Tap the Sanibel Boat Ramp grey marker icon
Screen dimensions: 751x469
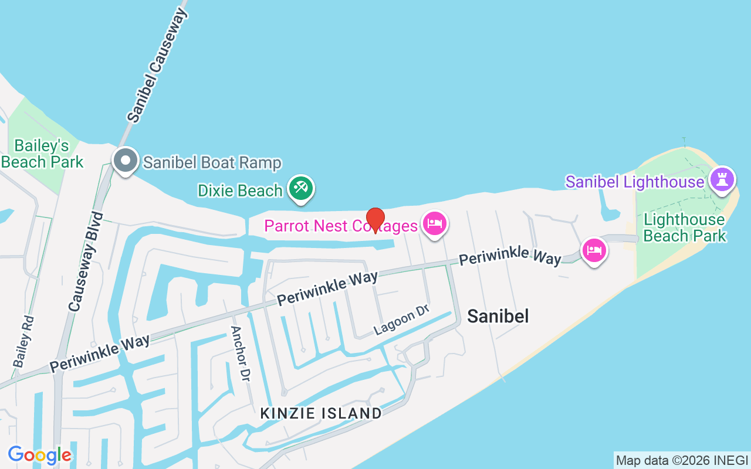125,160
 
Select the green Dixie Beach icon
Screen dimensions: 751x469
301,188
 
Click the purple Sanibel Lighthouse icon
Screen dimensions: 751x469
722,179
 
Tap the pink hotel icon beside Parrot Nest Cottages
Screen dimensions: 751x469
434,223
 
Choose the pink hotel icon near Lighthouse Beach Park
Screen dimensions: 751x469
594,250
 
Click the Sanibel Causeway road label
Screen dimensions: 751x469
157,65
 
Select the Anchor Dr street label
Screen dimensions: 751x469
241,354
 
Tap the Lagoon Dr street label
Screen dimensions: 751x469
402,321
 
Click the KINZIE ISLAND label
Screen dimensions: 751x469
321,413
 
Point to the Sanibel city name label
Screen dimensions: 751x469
498,317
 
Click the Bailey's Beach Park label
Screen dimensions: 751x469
42,154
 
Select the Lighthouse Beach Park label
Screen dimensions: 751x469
685,227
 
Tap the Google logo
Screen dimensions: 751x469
39,455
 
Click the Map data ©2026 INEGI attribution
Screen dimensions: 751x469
682,460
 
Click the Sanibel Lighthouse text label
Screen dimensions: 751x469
634,182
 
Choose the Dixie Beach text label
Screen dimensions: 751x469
240,191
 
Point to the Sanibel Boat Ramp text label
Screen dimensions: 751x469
212,162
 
